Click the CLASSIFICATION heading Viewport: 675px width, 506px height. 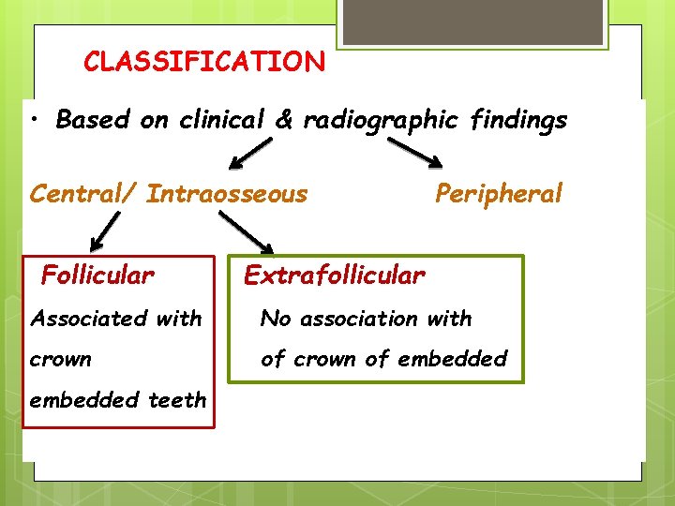(204, 62)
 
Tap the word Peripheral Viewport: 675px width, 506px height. (498, 194)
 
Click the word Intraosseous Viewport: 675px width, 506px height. (227, 194)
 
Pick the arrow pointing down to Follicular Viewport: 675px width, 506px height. (104, 231)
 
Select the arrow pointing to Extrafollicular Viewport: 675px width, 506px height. (246, 231)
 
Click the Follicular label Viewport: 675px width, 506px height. (97, 275)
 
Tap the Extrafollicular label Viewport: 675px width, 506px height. (334, 275)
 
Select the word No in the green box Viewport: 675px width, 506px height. (276, 319)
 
